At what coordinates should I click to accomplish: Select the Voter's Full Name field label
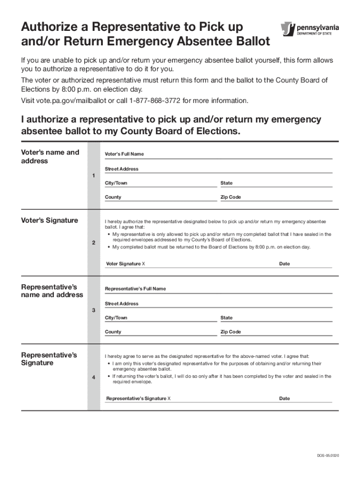[x=124, y=154]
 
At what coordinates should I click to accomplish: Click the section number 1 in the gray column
[x=94, y=175]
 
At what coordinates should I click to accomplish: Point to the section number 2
[x=94, y=243]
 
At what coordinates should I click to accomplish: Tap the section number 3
[x=94, y=311]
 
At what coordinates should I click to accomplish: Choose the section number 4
[x=94, y=378]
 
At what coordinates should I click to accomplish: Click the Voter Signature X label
[x=125, y=264]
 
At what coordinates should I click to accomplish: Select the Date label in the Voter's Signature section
[x=284, y=264]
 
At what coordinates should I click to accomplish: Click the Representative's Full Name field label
[x=135, y=289]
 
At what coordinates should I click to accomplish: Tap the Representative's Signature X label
[x=138, y=399]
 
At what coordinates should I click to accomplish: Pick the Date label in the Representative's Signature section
[x=284, y=399]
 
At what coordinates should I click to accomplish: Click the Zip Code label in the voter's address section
[x=230, y=197]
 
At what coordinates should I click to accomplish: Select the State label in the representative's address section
[x=226, y=318]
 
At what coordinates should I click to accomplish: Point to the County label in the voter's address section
[x=113, y=197]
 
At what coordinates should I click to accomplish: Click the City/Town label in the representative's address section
[x=116, y=318]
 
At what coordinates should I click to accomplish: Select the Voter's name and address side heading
[x=50, y=157]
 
